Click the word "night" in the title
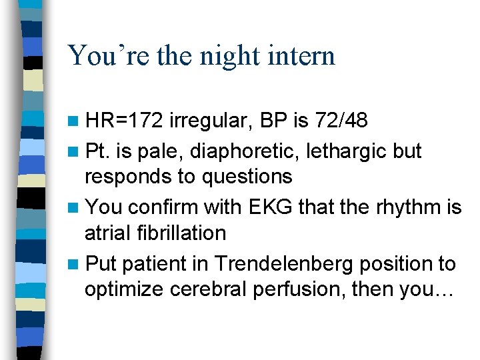point(226,56)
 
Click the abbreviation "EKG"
point(267,207)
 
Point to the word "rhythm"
point(403,207)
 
